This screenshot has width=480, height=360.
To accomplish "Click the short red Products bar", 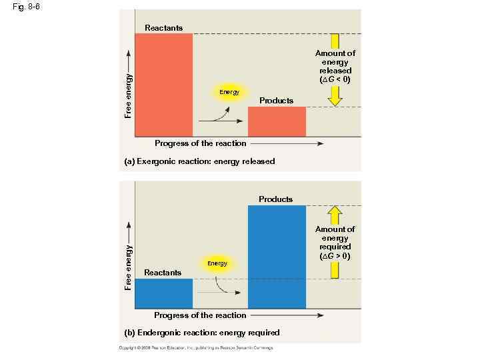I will click(277, 121).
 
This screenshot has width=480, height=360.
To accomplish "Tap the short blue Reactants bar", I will click(164, 293).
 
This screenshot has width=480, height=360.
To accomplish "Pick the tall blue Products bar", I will click(277, 257).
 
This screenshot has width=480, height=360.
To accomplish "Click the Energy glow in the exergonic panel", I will click(229, 92).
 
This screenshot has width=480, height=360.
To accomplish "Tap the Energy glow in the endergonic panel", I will click(217, 263).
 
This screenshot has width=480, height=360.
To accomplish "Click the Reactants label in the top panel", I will click(163, 27).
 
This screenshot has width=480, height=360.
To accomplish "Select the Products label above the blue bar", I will click(275, 199).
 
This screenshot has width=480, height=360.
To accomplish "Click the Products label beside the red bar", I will click(276, 101).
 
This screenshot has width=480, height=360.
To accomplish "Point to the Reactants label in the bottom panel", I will click(163, 273).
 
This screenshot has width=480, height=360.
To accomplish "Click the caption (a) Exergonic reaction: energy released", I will click(199, 161).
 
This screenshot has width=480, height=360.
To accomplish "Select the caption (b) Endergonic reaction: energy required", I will click(202, 332).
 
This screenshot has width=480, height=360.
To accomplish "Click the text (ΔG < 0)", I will click(335, 79).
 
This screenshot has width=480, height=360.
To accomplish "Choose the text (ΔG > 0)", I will click(335, 256).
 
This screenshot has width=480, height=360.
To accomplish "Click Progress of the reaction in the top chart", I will click(200, 143).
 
